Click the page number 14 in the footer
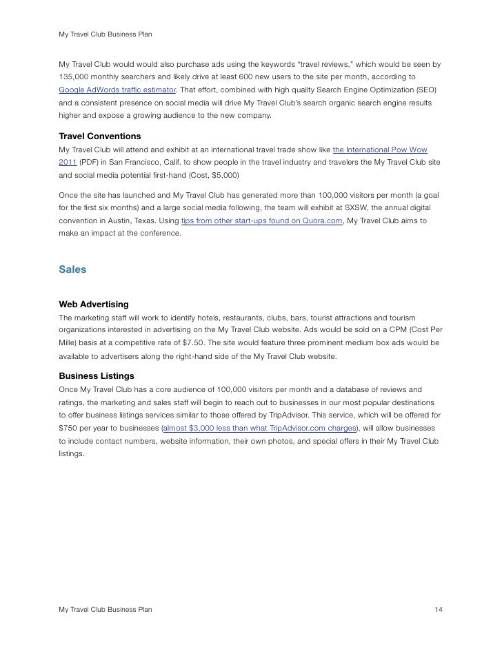coord(438,610)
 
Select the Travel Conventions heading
coord(100,136)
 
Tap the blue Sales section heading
coord(72,269)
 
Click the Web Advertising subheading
coord(94,303)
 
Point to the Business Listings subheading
coord(97,376)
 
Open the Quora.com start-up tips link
coord(262,220)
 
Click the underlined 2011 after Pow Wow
coord(68,162)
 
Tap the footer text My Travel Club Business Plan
coord(106,610)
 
